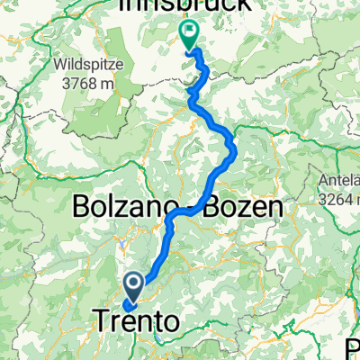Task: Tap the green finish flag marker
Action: (x=190, y=37)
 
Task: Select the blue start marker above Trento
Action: (x=133, y=287)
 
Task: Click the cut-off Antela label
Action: (x=339, y=179)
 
